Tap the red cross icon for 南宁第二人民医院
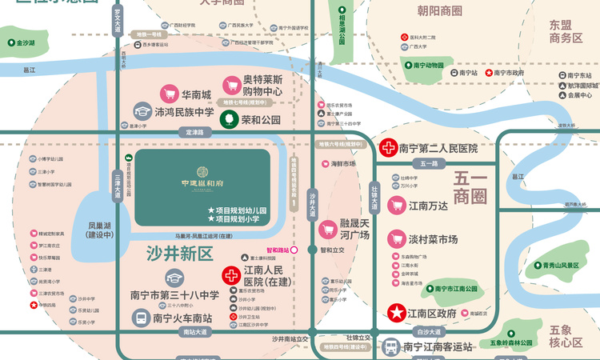pos(388,148)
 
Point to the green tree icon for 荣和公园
pos(228,119)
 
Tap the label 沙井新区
pos(180,254)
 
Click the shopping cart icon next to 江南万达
pos(396,206)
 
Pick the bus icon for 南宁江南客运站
pos(390,347)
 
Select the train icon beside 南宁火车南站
pos(142,317)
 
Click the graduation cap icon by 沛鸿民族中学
pos(142,111)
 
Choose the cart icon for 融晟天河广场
pos(327,230)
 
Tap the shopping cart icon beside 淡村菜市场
pos(396,239)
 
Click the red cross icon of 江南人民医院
pos(230,276)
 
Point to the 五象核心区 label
pos(566,336)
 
